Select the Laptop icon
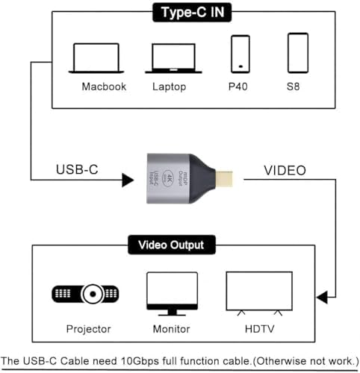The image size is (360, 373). pos(173,57)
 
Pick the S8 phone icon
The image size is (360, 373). pos(297,53)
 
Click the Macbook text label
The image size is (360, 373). pos(105,87)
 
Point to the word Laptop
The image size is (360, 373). pos(169,87)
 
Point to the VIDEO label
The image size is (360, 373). pos(285,171)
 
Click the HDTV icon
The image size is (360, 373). pos(259,292)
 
